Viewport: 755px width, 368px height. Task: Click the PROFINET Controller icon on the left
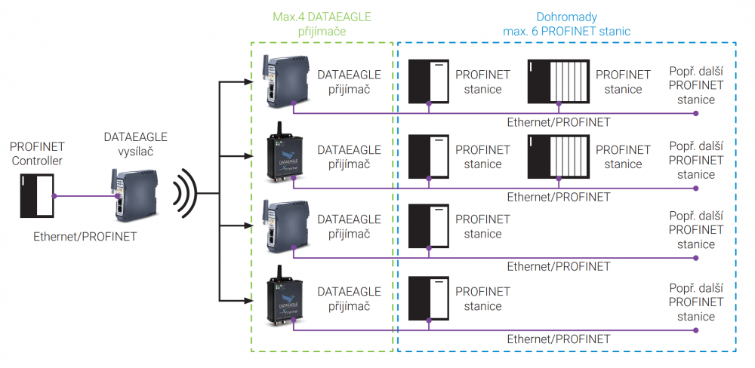click(35, 194)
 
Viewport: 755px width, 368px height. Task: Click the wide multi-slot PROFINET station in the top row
click(559, 81)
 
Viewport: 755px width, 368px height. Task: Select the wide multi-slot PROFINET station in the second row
click(559, 155)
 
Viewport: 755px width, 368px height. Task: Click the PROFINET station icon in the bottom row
click(429, 299)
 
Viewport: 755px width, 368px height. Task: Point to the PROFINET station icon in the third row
click(429, 226)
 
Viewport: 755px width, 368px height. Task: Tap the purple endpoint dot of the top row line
click(696, 114)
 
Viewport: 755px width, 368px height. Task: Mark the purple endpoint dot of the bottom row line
click(696, 330)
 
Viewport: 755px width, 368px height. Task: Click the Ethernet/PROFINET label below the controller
click(85, 236)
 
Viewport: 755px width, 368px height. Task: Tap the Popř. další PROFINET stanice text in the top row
click(696, 85)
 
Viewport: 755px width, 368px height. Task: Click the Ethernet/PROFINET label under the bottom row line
click(558, 339)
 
